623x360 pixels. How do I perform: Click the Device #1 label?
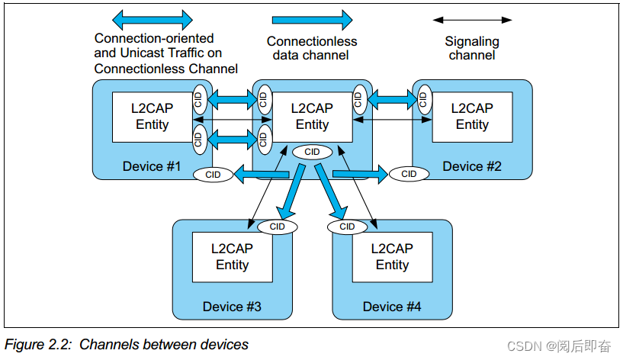coord(152,166)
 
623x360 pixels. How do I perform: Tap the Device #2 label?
coord(472,166)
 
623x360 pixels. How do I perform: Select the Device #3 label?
coord(232,307)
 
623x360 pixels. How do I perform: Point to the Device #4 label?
coord(392,307)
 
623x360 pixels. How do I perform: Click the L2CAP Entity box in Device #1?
coord(152,117)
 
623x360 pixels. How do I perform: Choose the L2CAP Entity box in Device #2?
coord(472,117)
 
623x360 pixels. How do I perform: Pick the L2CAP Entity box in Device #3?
coord(232,257)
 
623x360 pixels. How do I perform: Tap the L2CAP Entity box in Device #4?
coord(392,257)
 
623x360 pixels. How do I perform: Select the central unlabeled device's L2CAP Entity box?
coord(312,117)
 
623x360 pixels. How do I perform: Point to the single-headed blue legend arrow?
coord(312,19)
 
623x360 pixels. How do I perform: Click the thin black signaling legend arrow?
coord(472,19)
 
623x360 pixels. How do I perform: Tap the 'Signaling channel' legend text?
coord(472,48)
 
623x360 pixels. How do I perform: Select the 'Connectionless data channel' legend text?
coord(312,48)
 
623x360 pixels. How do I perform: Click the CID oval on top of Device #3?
coord(277,227)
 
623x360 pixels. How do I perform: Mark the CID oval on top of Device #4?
coord(347,227)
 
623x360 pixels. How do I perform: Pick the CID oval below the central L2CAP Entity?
coord(312,152)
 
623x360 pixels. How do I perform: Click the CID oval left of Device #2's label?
coord(409,174)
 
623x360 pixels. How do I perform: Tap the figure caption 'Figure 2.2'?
coord(127,345)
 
